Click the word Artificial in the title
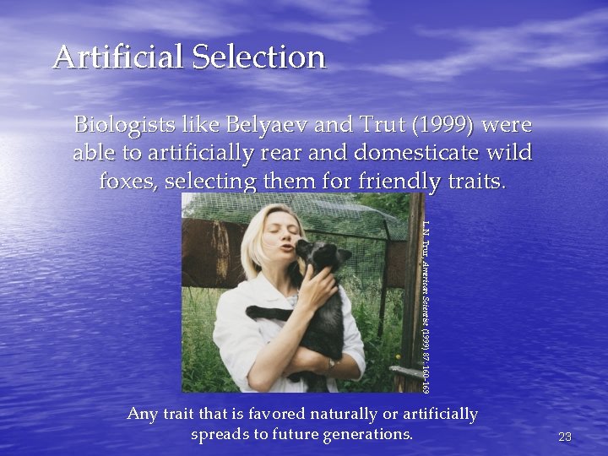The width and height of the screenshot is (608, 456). (119, 57)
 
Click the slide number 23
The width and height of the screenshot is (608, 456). (566, 437)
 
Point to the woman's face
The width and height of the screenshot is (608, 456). (275, 241)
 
